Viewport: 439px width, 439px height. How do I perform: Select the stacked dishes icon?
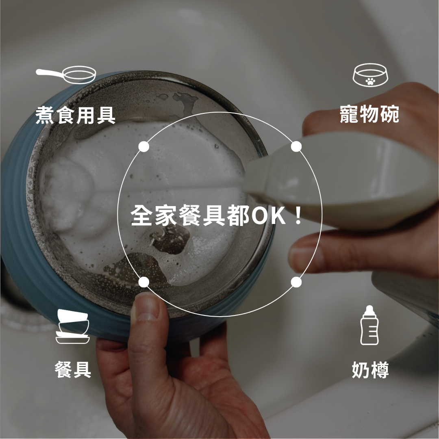tap(72, 326)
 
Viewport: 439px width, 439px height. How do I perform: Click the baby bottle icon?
tap(369, 326)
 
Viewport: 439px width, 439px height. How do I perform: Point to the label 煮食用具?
tap(76, 115)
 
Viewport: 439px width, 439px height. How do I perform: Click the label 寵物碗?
tap(369, 114)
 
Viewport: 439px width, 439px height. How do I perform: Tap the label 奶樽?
tap(370, 370)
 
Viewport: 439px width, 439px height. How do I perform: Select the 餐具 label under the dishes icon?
tap(73, 370)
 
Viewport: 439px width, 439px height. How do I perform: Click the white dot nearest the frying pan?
tap(143, 147)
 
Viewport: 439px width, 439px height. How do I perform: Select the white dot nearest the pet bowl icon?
tap(296, 146)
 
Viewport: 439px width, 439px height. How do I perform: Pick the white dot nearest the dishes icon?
tap(143, 282)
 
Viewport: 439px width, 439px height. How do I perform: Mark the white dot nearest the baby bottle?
tap(296, 282)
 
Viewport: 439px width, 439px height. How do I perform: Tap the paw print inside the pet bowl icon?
tap(369, 81)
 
